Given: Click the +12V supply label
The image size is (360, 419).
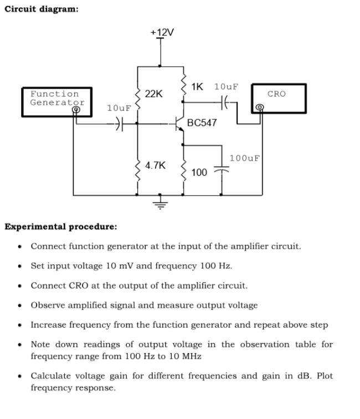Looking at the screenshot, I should pos(162,32).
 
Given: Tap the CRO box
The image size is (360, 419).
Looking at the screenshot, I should pos(278,98).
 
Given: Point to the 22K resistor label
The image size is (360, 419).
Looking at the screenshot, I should pos(153,94).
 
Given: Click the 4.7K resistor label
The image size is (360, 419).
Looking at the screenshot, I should pos(155,165).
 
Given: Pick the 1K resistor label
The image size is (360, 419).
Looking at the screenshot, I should pos(197,87).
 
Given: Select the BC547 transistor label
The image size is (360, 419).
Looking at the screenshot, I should pos(202,122).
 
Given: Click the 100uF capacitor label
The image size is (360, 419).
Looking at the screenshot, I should pos(244,159).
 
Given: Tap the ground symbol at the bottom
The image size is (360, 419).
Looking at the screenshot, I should pos(161,203).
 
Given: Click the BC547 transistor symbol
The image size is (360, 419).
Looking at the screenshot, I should pos(179,125).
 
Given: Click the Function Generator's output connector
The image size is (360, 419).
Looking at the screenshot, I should pos(76,110).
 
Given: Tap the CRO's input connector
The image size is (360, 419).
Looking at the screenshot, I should pos(260,108).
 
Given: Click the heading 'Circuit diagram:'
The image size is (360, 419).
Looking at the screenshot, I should pos(42,9).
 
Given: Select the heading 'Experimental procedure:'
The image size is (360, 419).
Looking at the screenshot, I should pos(61,227).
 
